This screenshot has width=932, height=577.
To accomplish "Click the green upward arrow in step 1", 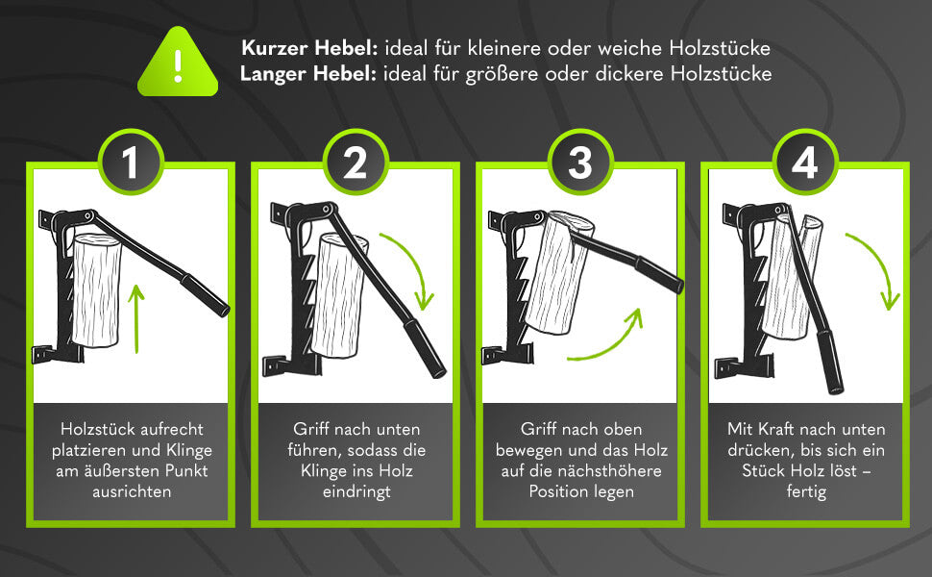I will coord(137,316).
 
